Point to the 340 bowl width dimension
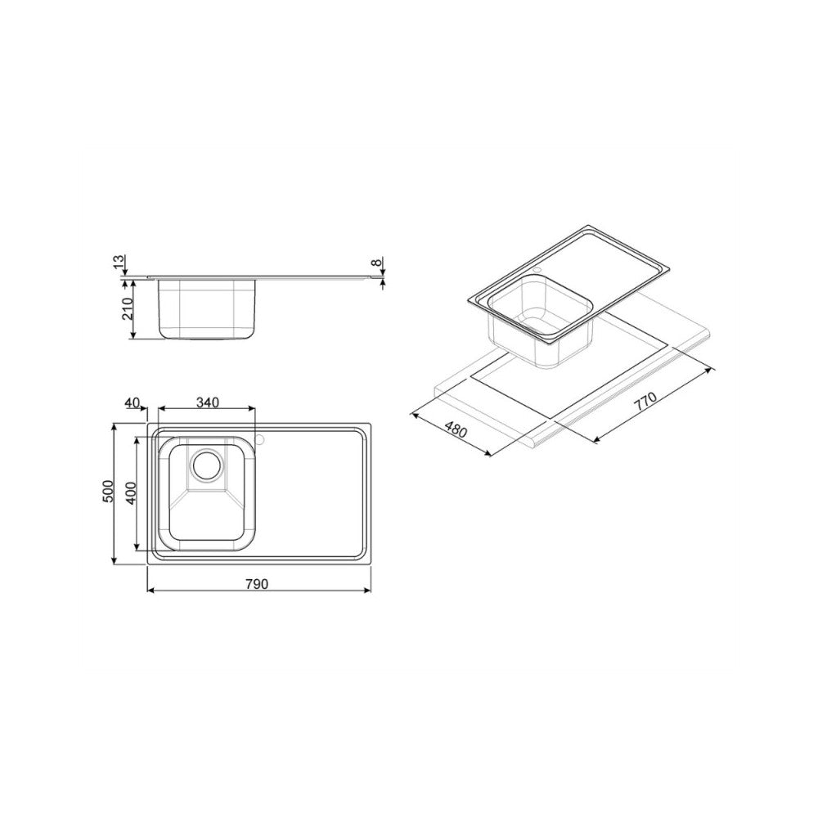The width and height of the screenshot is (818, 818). point(208,402)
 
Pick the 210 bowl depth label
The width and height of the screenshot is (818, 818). point(127,308)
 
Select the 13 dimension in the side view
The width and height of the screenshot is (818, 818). point(119,263)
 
